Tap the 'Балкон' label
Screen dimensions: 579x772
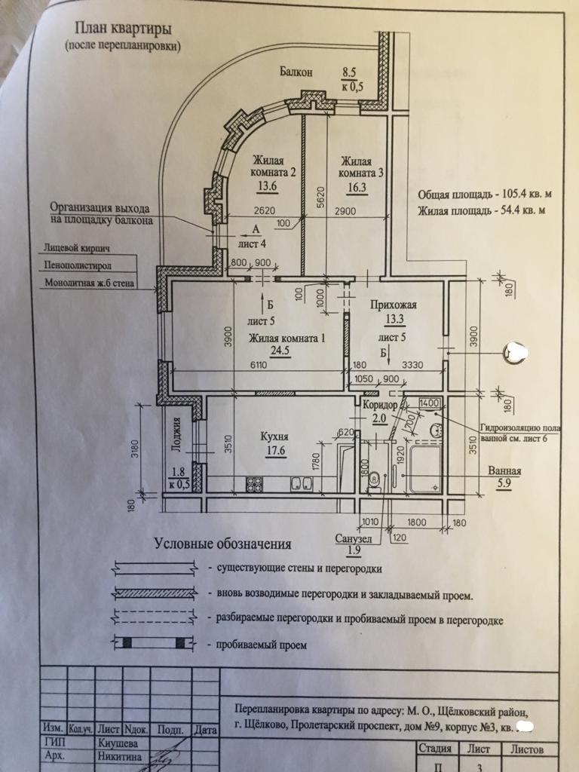tap(296, 72)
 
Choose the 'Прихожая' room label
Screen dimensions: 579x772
tap(393, 305)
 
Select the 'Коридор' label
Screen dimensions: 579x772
tap(379, 406)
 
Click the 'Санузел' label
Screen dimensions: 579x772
tap(353, 539)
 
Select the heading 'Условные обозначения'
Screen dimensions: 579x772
tap(222, 544)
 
